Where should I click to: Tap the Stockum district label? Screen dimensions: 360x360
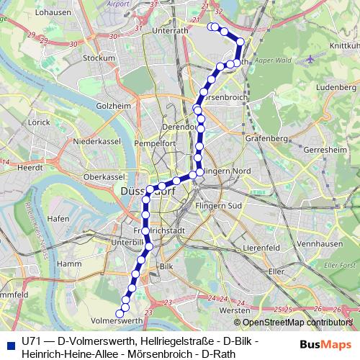(99, 58)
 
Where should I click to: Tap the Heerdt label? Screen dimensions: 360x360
(31, 166)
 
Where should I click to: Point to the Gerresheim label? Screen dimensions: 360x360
(325, 150)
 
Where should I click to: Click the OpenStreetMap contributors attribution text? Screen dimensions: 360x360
(293, 323)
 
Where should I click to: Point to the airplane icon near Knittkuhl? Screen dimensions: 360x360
(311, 60)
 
